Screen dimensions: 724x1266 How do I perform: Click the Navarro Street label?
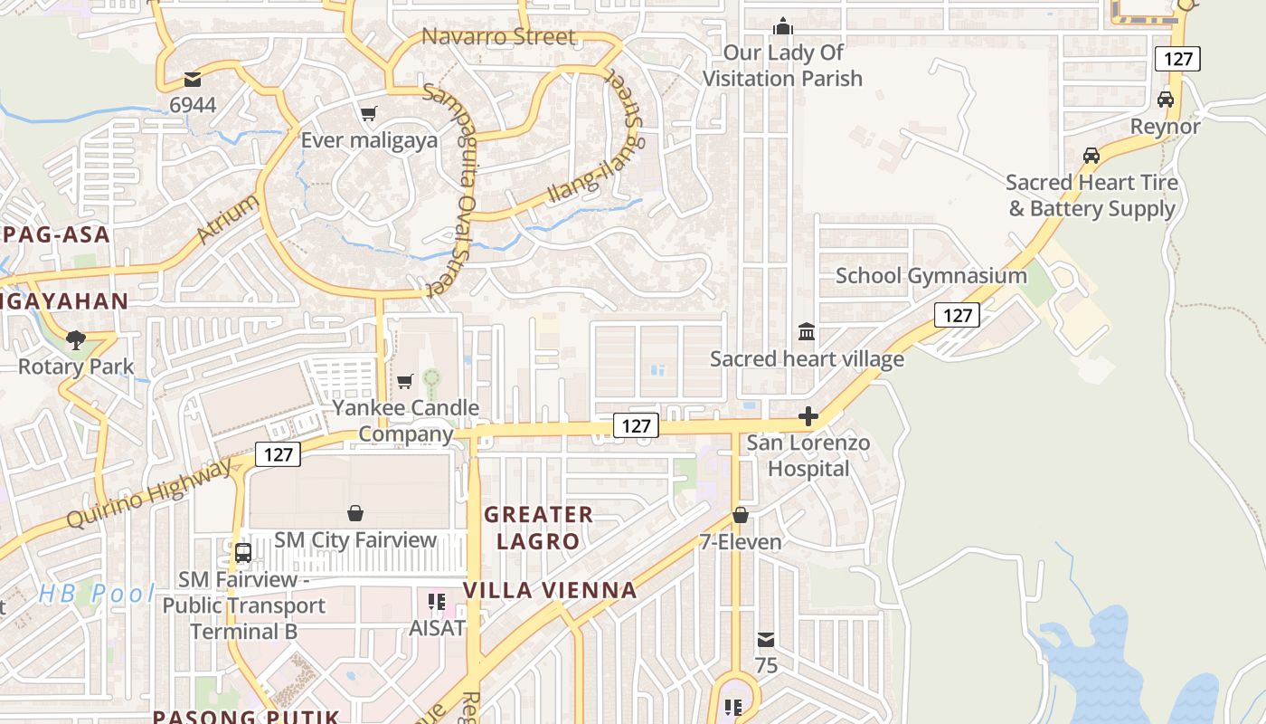[x=498, y=37]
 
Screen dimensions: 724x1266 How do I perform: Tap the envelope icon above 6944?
[x=193, y=80]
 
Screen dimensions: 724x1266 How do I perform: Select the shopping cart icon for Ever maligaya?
[x=368, y=114]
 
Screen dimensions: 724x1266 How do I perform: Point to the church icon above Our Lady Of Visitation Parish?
[x=783, y=26]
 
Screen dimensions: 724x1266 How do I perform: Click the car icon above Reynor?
[x=1166, y=100]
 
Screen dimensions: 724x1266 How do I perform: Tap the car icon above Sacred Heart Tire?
[x=1091, y=156]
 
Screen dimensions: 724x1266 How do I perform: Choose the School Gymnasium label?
[x=931, y=276]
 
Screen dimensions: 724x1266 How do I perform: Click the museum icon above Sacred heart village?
[x=807, y=332]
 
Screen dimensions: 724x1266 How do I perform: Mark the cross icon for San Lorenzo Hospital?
[x=808, y=417]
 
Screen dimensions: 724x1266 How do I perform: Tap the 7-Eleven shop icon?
[x=741, y=515]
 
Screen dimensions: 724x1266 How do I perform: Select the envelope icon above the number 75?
[x=766, y=640]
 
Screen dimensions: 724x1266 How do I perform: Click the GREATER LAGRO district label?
[x=538, y=528]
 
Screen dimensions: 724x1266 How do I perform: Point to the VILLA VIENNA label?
[x=550, y=591]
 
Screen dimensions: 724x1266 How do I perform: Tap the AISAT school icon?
[x=437, y=602]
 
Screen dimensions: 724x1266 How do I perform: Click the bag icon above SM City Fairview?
[x=355, y=513]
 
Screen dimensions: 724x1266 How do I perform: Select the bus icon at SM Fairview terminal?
[x=242, y=552]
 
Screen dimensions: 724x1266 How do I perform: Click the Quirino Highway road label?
[x=150, y=495]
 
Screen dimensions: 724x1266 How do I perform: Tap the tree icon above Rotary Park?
[x=76, y=340]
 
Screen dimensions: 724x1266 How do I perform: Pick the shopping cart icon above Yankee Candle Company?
[x=405, y=381]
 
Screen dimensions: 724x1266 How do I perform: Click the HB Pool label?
[x=97, y=595]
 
